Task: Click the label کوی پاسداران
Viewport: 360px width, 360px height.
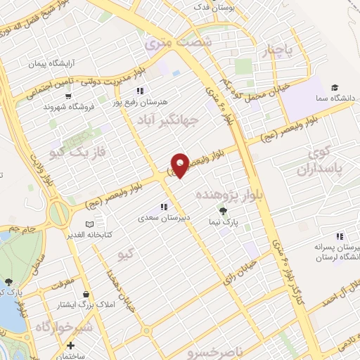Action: pyautogui.click(x=323, y=161)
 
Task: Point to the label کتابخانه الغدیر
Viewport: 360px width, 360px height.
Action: pyautogui.click(x=86, y=233)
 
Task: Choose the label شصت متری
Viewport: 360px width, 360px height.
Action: pyautogui.click(x=178, y=43)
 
